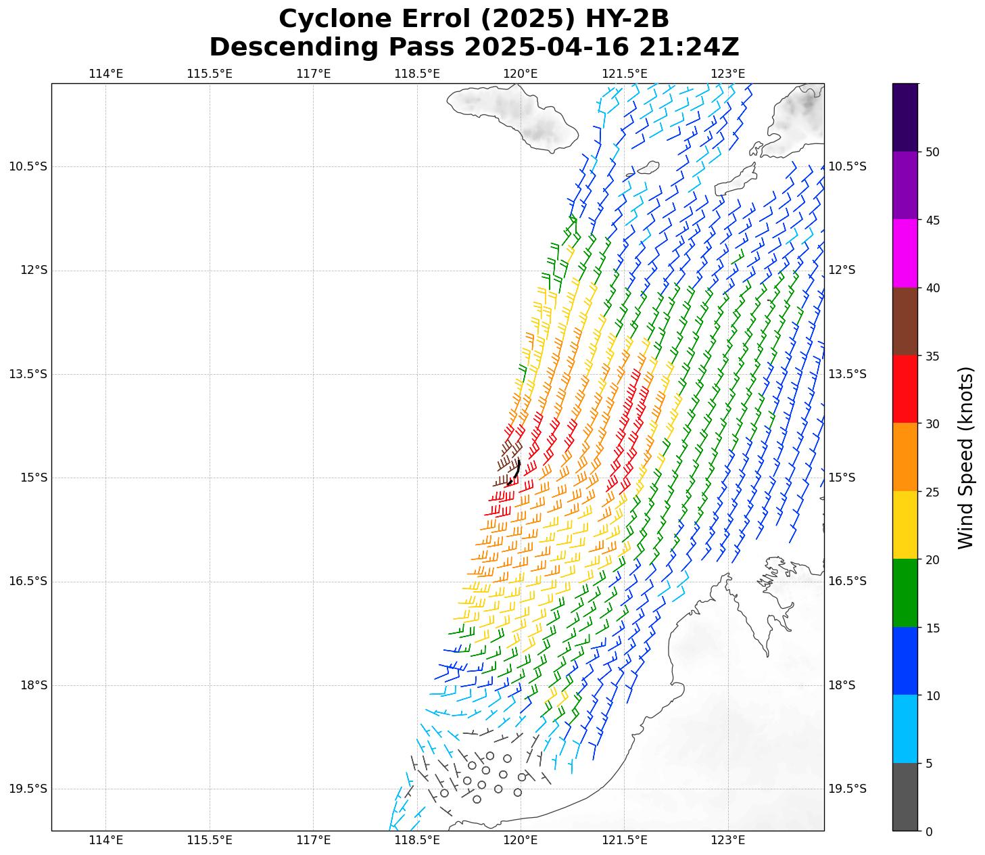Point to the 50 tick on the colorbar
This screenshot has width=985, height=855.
[x=932, y=152]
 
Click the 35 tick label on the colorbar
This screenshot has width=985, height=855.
[x=932, y=356]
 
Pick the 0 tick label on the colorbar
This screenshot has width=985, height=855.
[x=929, y=831]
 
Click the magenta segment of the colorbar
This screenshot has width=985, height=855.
[x=905, y=253]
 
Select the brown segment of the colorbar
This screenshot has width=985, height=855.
[x=905, y=321]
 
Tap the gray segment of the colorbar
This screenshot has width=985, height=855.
[x=905, y=797]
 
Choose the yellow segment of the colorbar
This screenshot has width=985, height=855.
[x=905, y=525]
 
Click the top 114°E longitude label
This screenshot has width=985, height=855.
[x=106, y=73]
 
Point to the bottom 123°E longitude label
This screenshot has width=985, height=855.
[x=728, y=841]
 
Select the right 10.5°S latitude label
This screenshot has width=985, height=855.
[x=847, y=166]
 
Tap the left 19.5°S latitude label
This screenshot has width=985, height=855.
[x=28, y=789]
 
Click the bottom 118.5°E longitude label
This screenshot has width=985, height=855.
[x=417, y=841]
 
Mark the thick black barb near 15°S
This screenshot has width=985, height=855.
[x=514, y=471]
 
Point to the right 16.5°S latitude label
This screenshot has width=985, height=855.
[x=847, y=581]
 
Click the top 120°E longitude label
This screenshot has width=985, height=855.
[x=521, y=73]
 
